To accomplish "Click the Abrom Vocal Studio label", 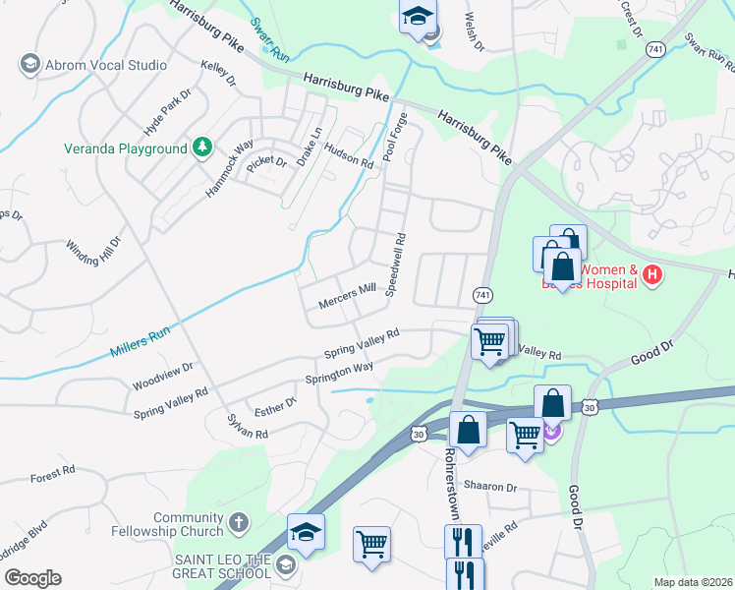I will (x=106, y=65).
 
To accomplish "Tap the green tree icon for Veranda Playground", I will (x=202, y=147).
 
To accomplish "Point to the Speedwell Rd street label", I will (x=395, y=265).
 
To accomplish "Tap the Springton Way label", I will (x=340, y=373).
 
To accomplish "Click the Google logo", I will (x=32, y=578).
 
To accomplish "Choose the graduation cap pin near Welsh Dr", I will (x=417, y=18).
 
